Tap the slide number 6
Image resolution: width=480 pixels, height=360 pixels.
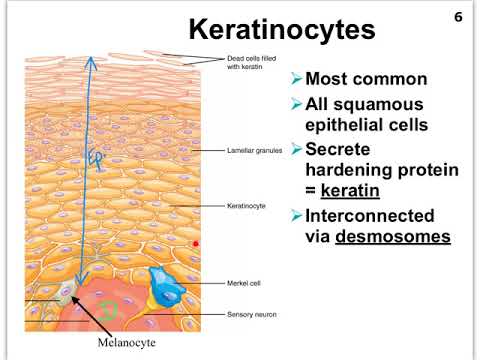click(x=459, y=18)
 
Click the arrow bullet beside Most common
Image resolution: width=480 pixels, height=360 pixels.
click(x=295, y=79)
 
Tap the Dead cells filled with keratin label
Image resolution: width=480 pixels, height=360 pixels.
click(x=251, y=62)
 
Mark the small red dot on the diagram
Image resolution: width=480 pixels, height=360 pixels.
click(x=196, y=242)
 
